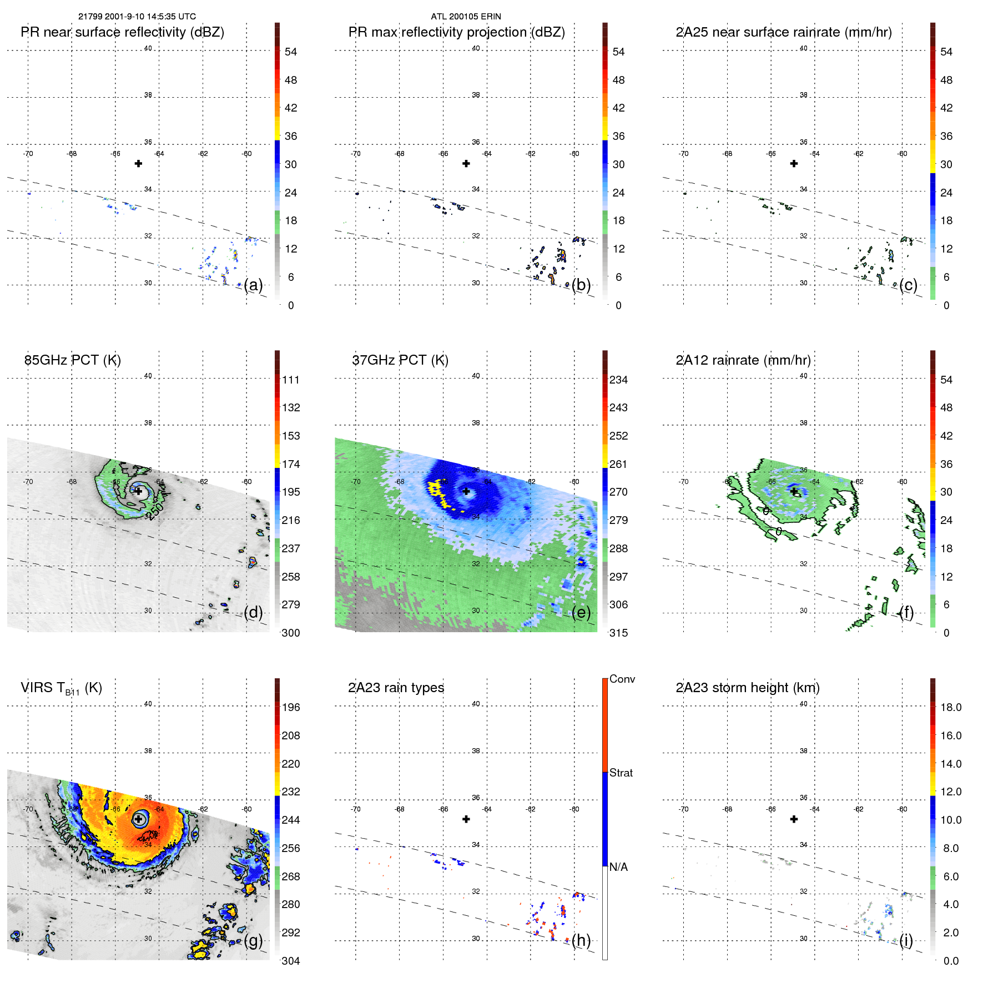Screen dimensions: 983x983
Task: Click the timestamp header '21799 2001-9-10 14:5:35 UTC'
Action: [137, 17]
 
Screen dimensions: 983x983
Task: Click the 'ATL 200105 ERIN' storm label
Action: [466, 17]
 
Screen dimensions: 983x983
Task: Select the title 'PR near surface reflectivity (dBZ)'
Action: [122, 32]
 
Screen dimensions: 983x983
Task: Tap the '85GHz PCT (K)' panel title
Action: [73, 360]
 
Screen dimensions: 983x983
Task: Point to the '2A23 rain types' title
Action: [396, 688]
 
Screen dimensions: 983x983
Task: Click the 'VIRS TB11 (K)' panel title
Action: [61, 688]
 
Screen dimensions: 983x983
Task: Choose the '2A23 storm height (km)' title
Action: [748, 688]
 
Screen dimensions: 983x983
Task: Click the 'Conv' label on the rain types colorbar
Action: [622, 679]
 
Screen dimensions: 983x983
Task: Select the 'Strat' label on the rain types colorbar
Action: [621, 773]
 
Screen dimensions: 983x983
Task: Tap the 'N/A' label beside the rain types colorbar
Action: [618, 867]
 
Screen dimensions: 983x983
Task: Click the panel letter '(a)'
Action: [253, 285]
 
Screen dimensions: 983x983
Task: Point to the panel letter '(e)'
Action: [581, 612]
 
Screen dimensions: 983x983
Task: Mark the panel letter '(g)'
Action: [253, 940]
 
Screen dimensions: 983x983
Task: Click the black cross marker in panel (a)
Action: [138, 163]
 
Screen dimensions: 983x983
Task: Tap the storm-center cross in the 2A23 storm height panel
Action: [794, 819]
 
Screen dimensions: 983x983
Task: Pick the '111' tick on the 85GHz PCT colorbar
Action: [291, 380]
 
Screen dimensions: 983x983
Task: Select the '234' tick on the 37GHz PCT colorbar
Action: [618, 380]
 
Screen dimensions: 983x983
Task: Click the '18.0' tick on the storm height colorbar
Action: [951, 708]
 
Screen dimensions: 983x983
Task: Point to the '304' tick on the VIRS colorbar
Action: [291, 961]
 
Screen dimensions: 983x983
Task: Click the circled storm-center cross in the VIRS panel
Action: [139, 819]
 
